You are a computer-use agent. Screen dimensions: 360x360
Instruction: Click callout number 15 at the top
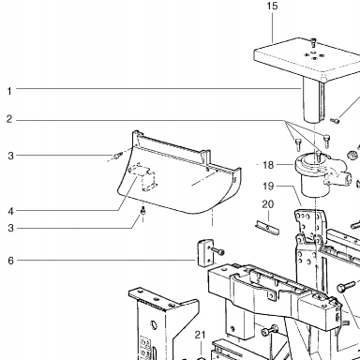click(272, 6)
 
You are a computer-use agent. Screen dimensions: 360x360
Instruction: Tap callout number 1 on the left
click(9, 91)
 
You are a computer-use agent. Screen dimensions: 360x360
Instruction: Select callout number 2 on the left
click(9, 119)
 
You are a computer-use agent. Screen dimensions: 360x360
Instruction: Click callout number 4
click(11, 211)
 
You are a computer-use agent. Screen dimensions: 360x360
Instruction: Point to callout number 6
click(11, 261)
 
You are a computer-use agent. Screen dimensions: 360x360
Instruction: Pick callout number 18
click(268, 165)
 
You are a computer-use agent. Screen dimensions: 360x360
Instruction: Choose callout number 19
click(268, 187)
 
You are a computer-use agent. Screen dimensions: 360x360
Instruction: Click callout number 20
click(268, 204)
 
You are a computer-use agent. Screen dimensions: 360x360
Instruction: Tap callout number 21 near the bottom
click(200, 335)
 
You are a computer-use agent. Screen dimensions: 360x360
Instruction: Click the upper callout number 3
click(11, 156)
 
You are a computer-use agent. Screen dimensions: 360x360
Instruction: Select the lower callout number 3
click(11, 228)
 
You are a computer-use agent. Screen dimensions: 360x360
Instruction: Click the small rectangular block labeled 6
click(205, 253)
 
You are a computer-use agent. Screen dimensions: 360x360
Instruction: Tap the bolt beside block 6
click(218, 251)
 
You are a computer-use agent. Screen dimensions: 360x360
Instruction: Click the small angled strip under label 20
click(267, 228)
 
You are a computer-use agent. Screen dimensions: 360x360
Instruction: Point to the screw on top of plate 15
click(313, 42)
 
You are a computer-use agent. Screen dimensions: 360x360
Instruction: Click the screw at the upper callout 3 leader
click(117, 155)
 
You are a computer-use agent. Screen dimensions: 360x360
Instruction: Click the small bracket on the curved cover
click(143, 176)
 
